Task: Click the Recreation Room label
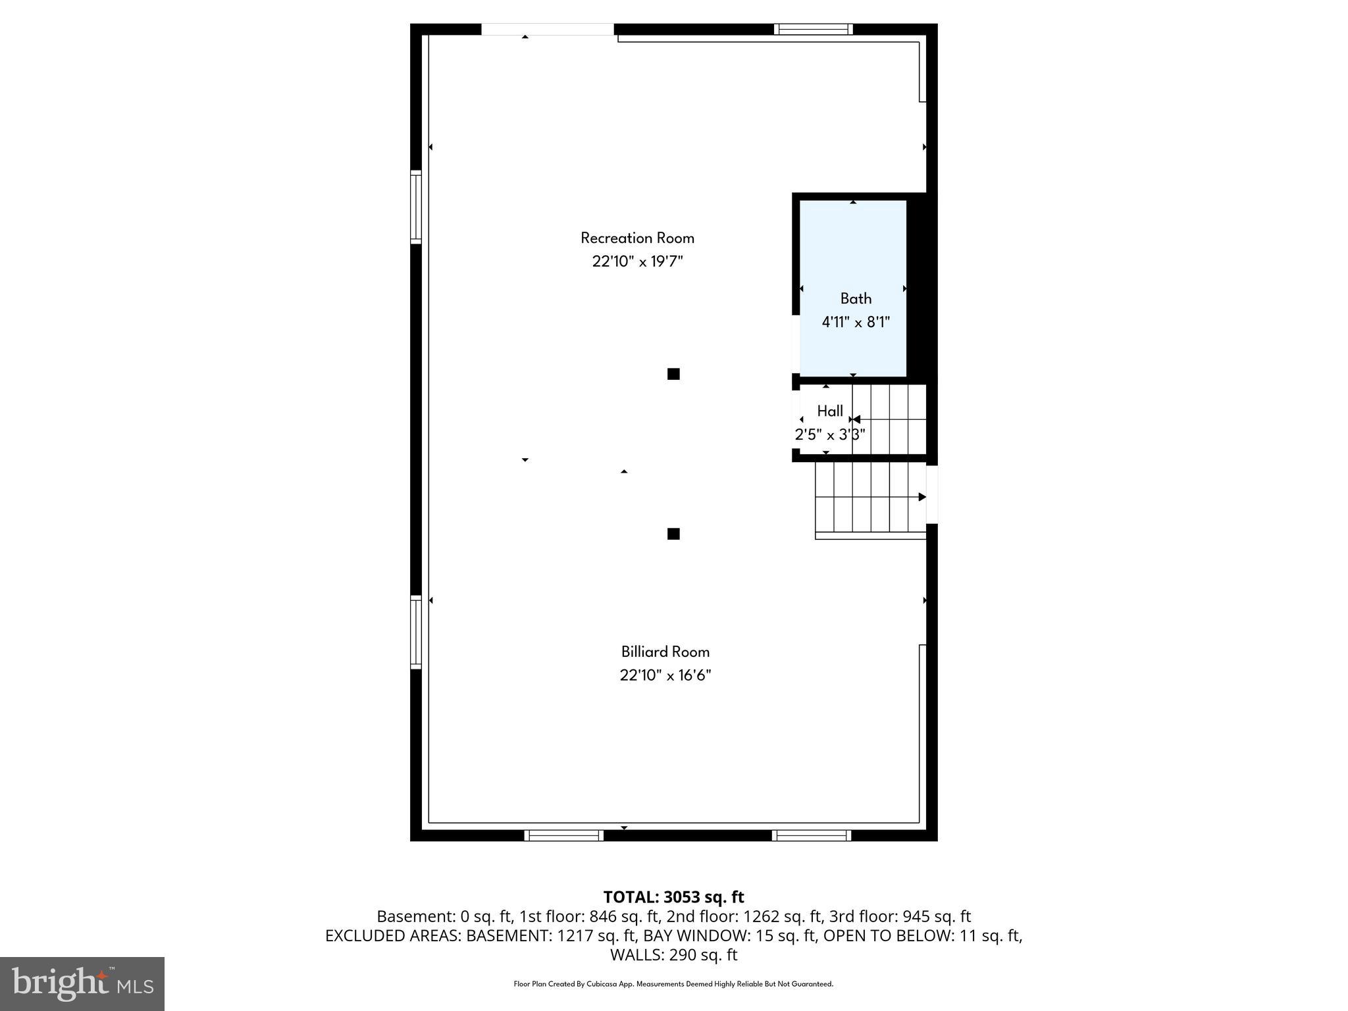pos(637,238)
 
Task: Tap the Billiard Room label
pos(665,652)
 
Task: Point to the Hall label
pos(830,411)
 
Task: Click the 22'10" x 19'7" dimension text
pos(637,262)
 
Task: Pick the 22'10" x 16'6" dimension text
pos(665,675)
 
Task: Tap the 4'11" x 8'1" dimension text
pos(856,323)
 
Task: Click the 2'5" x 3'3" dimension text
pos(829,435)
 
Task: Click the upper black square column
pos(673,374)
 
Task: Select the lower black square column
pos(673,534)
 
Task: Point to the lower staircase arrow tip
pos(923,497)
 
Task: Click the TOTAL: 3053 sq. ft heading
pos(673,897)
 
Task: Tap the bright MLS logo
pos(82,984)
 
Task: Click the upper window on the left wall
pos(416,207)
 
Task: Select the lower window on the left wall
pos(416,632)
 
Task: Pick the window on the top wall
pos(813,29)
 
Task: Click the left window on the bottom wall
pos(563,836)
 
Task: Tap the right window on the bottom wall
pos(811,836)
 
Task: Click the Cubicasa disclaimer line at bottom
pos(673,984)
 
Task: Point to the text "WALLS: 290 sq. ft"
pos(673,955)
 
